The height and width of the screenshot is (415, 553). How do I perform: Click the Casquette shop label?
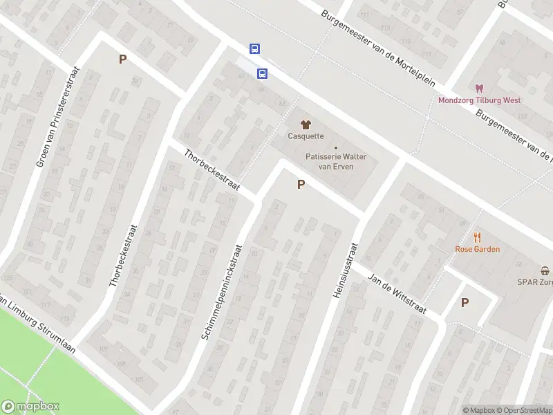pyautogui.click(x=306, y=136)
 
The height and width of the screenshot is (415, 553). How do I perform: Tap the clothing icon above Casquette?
pyautogui.click(x=306, y=124)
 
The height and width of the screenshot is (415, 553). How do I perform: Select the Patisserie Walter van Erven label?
pyautogui.click(x=336, y=161)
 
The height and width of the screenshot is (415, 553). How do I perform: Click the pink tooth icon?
pyautogui.click(x=478, y=89)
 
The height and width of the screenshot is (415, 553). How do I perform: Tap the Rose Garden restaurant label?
pyautogui.click(x=477, y=249)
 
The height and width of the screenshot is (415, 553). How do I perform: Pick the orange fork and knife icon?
pyautogui.click(x=477, y=237)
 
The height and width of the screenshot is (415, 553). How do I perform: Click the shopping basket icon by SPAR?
pyautogui.click(x=545, y=270)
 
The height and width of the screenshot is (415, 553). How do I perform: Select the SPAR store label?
pyautogui.click(x=536, y=282)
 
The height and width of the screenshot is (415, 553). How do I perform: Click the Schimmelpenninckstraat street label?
pyautogui.click(x=223, y=291)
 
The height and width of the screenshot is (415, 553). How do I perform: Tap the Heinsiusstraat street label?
pyautogui.click(x=345, y=270)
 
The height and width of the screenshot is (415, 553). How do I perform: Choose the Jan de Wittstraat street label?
pyautogui.click(x=397, y=293)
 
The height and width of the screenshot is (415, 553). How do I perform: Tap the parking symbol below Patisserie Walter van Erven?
pyautogui.click(x=301, y=185)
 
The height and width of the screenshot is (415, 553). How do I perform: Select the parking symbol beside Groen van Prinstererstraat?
pyautogui.click(x=122, y=59)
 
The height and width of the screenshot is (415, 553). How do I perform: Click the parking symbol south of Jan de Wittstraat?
pyautogui.click(x=465, y=302)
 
